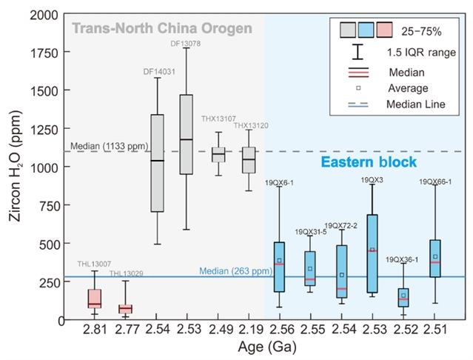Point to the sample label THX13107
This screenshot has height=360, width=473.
(218, 119)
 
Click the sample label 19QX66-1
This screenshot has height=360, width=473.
(437, 181)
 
